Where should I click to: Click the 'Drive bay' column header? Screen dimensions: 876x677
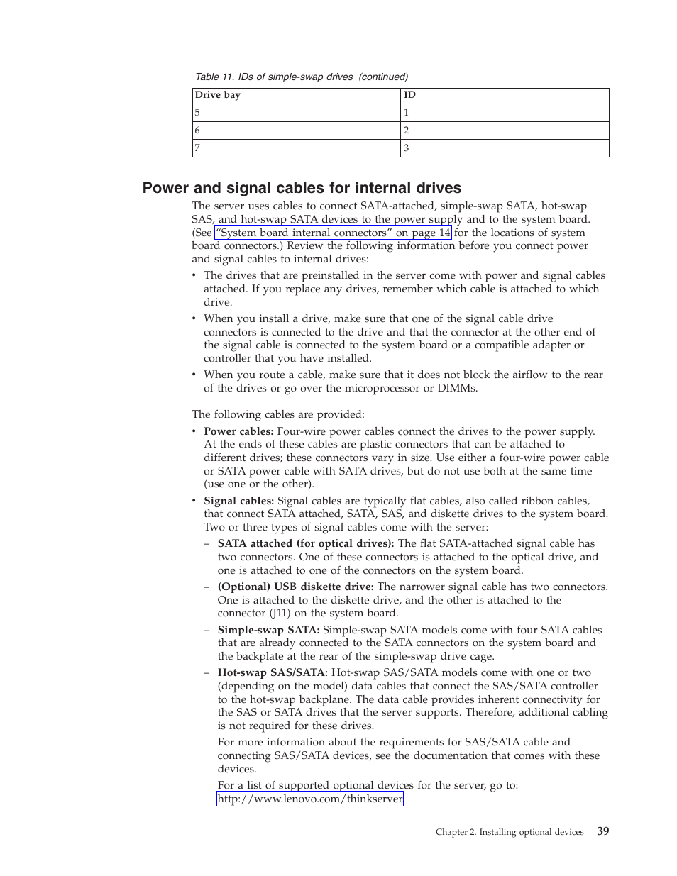[x=218, y=95]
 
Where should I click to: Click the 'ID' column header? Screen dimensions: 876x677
[x=409, y=95]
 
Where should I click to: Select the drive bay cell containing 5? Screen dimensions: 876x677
[x=296, y=113]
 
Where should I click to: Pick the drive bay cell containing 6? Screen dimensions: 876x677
[x=296, y=131]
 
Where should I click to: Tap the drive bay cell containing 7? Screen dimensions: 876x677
[x=296, y=148]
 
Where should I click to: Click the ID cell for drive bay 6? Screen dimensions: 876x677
[x=504, y=131]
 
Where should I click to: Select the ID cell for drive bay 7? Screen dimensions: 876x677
[x=504, y=148]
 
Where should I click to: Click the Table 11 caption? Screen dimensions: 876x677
[x=302, y=77]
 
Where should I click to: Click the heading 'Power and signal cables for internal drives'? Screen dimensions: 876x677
[x=302, y=188]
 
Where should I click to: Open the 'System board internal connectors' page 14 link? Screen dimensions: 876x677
[x=333, y=233]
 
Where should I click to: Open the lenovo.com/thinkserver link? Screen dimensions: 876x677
[x=310, y=799]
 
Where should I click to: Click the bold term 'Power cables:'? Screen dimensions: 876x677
[x=238, y=431]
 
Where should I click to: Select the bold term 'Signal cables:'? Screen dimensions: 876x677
[x=238, y=501]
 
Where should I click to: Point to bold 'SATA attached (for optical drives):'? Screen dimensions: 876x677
[x=306, y=543]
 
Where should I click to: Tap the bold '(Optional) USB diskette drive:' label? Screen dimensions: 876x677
[x=296, y=587]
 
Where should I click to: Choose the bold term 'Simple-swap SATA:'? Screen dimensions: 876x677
[x=268, y=630]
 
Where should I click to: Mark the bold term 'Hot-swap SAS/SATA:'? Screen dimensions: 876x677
[x=273, y=672]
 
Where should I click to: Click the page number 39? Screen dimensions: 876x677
[x=602, y=831]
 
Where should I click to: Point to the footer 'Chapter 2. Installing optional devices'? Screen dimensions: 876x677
[x=510, y=832]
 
